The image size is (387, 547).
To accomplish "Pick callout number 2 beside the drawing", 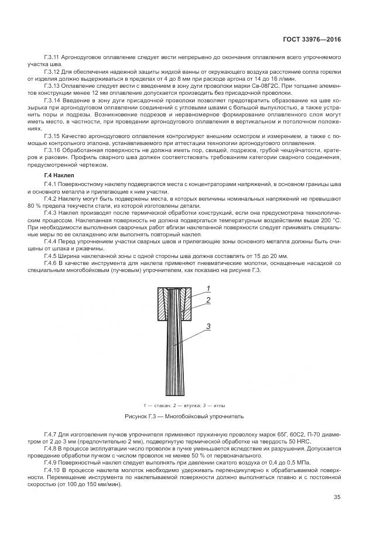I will click(208, 300).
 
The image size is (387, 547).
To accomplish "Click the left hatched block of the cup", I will click(162, 304).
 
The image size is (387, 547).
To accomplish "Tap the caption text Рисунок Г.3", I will click(142, 417).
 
